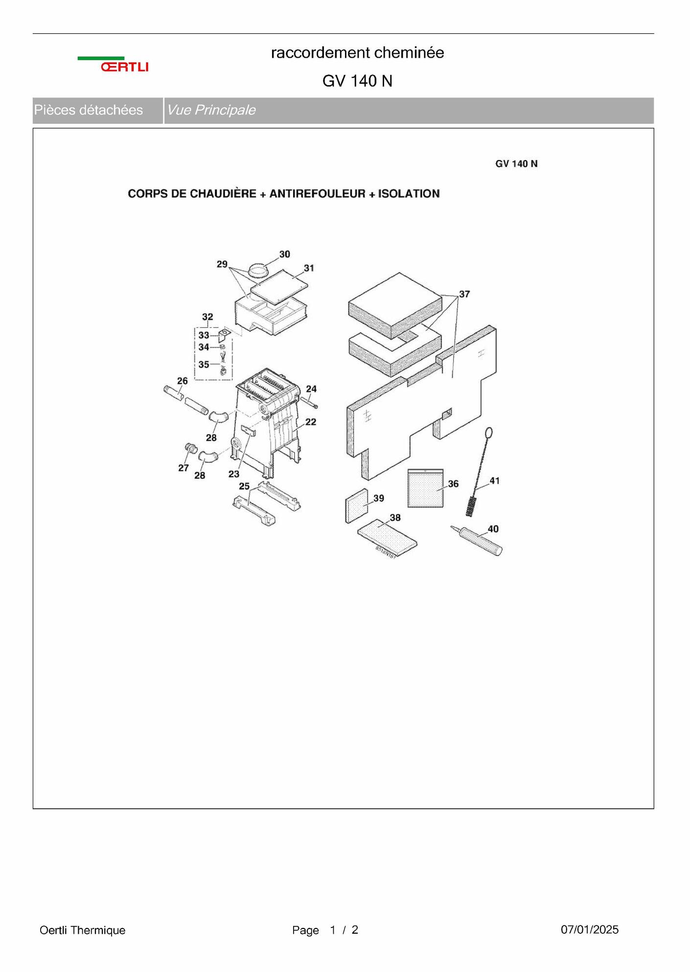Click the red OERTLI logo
[x=124, y=67]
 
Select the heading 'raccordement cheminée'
[x=357, y=53]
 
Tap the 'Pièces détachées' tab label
[x=89, y=110]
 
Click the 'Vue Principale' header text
[x=211, y=110]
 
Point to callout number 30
[x=285, y=254]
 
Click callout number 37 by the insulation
[x=464, y=294]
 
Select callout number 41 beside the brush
[x=495, y=481]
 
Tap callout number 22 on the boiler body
[x=311, y=422]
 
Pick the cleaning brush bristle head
[x=472, y=506]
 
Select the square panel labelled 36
[x=425, y=488]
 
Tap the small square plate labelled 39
[x=357, y=506]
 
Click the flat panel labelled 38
[x=388, y=538]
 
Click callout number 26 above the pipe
[x=183, y=381]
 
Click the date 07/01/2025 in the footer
[x=590, y=929]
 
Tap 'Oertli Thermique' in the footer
[x=83, y=930]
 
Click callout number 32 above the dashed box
[x=207, y=317]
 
